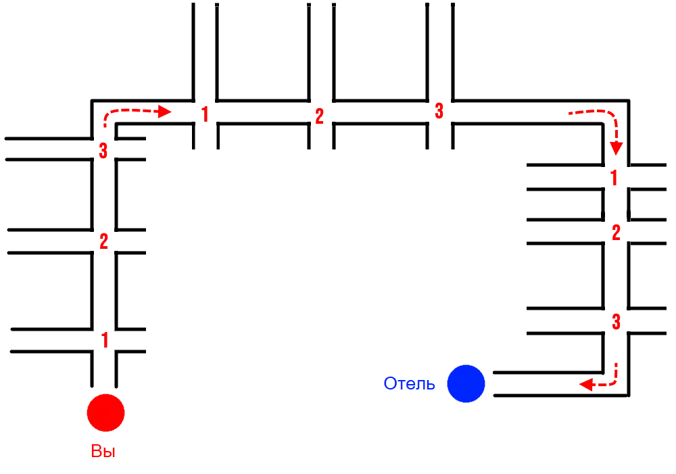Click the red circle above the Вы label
106,412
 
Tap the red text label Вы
103,452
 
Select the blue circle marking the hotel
466,383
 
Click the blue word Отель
410,384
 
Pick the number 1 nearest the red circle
104,340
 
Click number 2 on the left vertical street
103,241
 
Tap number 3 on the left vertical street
103,151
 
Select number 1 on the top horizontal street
205,114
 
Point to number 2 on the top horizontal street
319,116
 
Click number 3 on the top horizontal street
439,111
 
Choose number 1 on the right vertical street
614,179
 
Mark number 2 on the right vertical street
616,233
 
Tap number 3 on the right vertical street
616,322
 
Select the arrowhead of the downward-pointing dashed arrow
616,149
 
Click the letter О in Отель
390,384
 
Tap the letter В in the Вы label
96,452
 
